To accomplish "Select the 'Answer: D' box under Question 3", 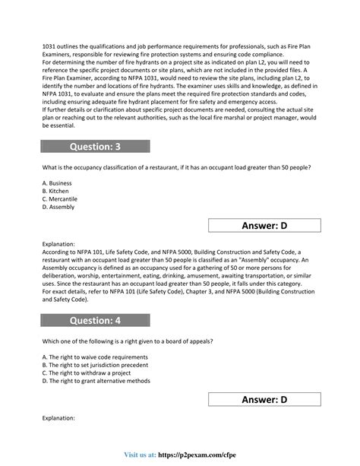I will click(264, 225).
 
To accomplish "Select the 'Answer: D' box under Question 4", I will click(264, 399).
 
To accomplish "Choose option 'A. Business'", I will click(58, 183).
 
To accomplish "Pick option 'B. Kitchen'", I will click(56, 191).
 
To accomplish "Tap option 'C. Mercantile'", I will click(61, 198).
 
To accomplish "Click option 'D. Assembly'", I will click(58, 206).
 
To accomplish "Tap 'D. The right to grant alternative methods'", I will click(96, 380).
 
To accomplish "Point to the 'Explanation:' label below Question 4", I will click(58, 417).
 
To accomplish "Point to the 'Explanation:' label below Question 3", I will click(58, 245).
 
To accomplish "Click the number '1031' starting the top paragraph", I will click(49, 46).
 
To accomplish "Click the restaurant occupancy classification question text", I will click(176, 166).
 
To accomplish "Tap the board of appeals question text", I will click(127, 341).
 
